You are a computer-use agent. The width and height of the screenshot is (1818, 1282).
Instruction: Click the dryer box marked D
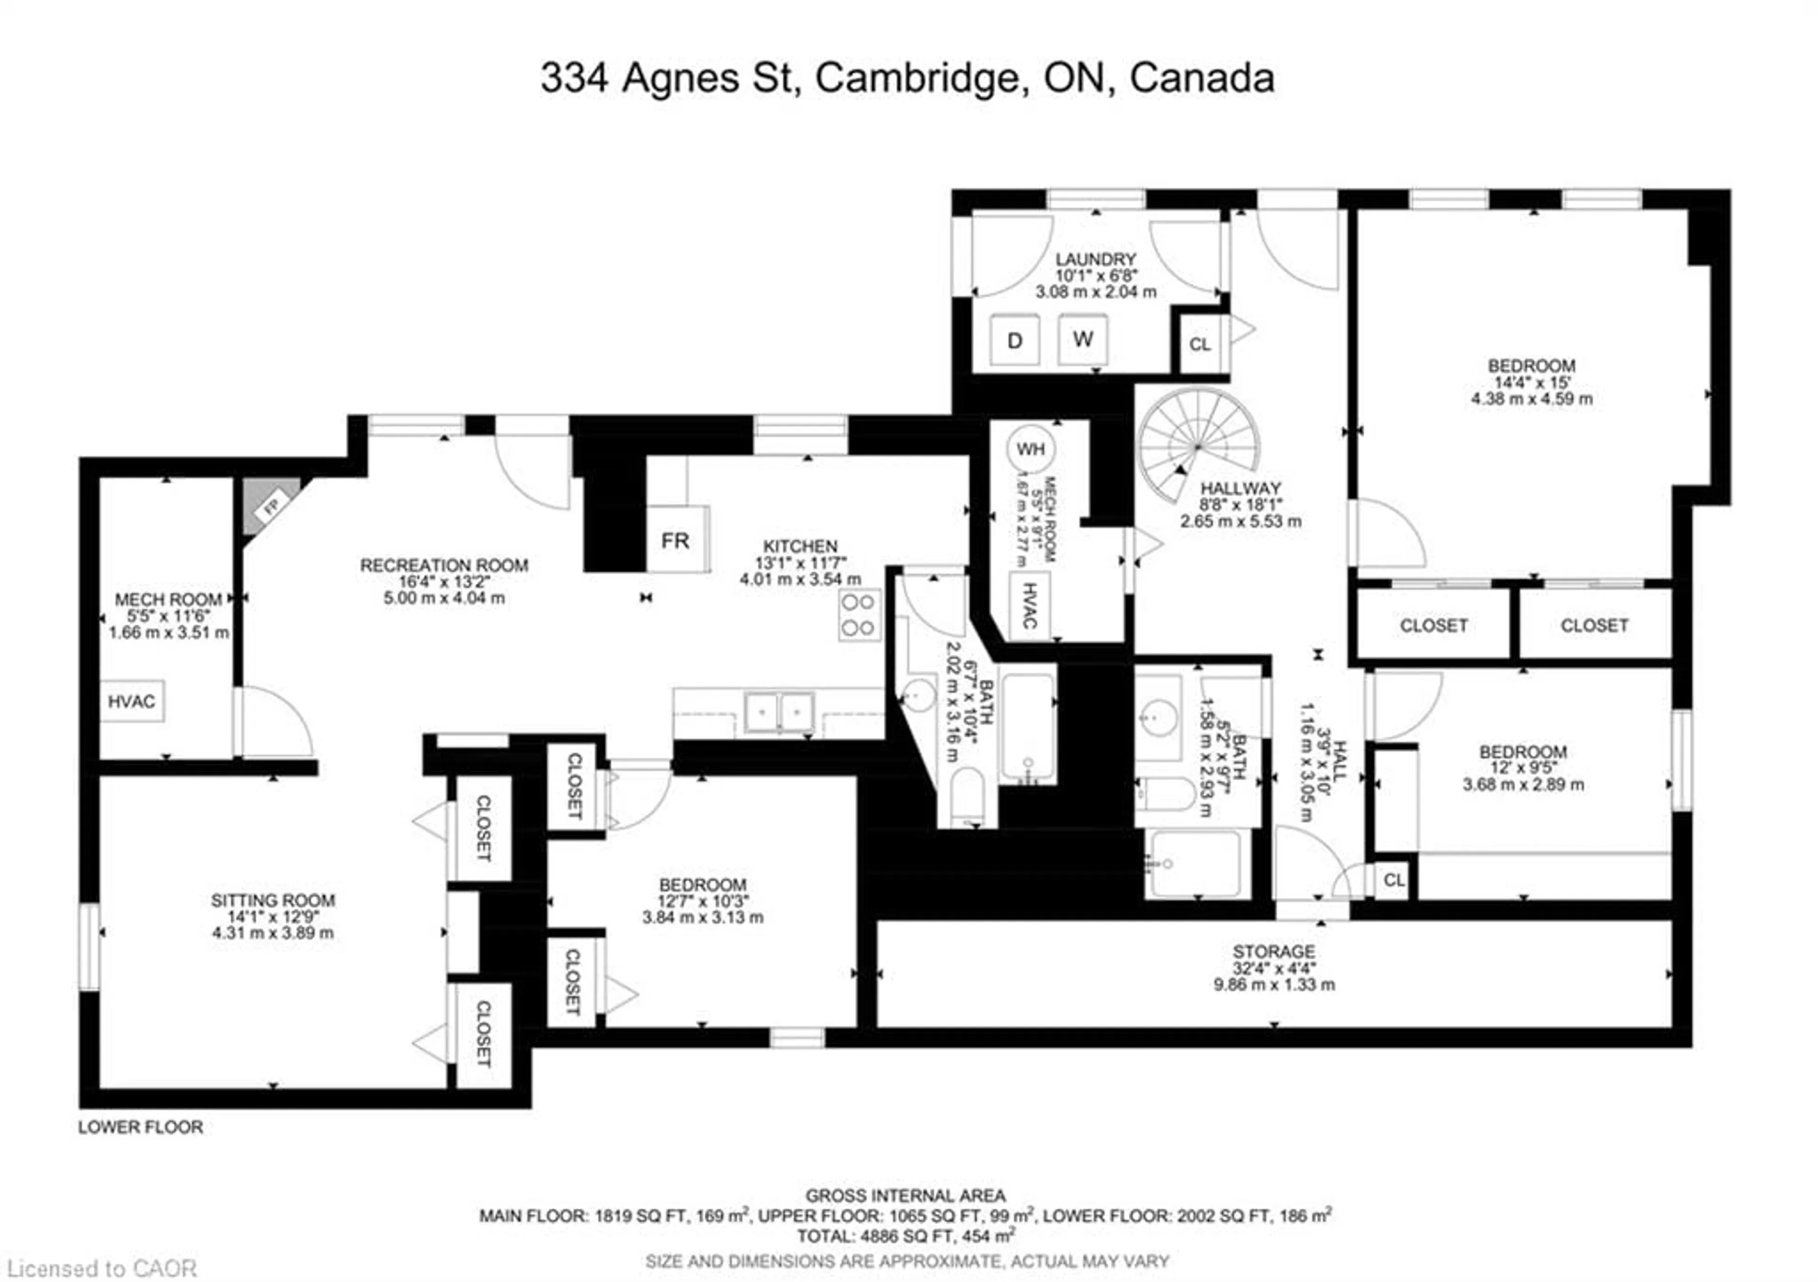tap(1014, 340)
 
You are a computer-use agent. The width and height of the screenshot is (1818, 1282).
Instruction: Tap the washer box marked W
tap(1082, 339)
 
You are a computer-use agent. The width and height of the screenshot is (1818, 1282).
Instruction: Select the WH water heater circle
tap(1030, 449)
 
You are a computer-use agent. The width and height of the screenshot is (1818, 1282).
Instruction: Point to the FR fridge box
tap(677, 540)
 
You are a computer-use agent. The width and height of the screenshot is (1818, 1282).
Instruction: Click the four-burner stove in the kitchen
tap(859, 614)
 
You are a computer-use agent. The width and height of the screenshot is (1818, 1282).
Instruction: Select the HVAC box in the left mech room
tap(132, 701)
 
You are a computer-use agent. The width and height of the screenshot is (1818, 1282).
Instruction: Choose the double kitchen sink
tap(779, 711)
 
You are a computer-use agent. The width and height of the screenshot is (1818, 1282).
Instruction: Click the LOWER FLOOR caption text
tap(140, 1127)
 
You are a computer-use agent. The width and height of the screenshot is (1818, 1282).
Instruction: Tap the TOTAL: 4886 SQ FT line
tap(906, 1235)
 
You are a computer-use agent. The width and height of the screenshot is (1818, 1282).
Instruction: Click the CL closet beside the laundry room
tap(1200, 344)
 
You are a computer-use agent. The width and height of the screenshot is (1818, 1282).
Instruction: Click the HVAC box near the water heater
tap(1029, 606)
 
